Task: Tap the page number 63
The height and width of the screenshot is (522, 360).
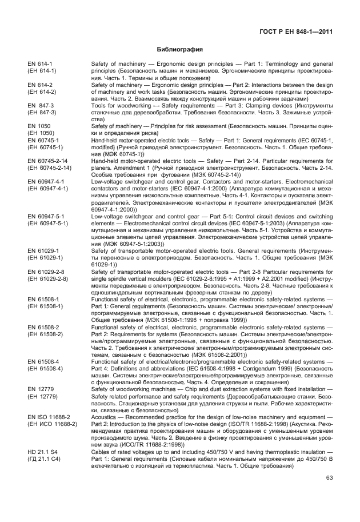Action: pyautogui.click(x=329, y=478)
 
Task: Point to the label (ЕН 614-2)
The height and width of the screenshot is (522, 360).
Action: pyautogui.click(x=42, y=91)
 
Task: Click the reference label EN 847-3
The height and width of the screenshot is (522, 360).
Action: pyautogui.click(x=41, y=106)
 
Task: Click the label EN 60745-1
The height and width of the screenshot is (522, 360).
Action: pyautogui.click(x=43, y=141)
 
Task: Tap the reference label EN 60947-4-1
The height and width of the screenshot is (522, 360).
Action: pyautogui.click(x=46, y=182)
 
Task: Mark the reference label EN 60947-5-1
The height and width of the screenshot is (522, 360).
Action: pyautogui.click(x=46, y=216)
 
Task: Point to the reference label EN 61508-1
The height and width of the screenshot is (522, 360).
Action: pyautogui.click(x=43, y=299)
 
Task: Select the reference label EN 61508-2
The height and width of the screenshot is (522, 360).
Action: pyautogui.click(x=43, y=327)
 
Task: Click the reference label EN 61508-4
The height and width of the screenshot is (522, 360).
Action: pyautogui.click(x=43, y=361)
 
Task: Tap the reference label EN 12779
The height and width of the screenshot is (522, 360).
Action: pyautogui.click(x=40, y=389)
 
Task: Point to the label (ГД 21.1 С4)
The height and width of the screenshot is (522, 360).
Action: pyautogui.click(x=42, y=459)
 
